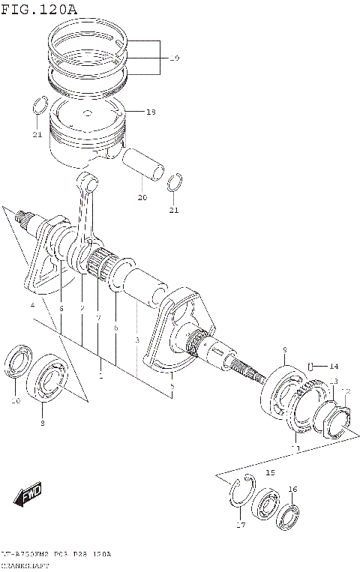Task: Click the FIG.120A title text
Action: [39, 8]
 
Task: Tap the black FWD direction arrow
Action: [28, 496]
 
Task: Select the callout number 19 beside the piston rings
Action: [174, 58]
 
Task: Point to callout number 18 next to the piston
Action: [151, 112]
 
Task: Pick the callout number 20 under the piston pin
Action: [142, 198]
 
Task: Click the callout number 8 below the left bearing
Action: [42, 424]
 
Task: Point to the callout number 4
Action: [32, 306]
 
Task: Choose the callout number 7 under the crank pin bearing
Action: [97, 318]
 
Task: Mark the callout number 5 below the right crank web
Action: [172, 386]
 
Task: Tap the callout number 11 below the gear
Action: [295, 448]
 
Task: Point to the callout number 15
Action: [271, 473]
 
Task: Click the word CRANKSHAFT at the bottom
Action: [22, 565]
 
